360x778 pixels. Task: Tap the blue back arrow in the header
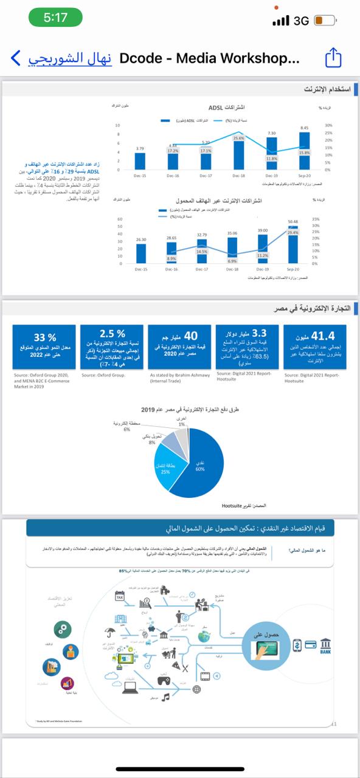tap(15, 58)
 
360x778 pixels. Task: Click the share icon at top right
tap(333, 58)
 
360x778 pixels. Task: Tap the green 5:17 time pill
tap(55, 18)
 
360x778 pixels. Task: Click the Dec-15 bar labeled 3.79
tap(140, 161)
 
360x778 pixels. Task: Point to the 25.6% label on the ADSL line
tap(238, 138)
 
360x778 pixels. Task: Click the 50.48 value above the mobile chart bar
tap(292, 221)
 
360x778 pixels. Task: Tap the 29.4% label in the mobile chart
tap(292, 232)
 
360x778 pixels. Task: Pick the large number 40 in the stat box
tap(190, 336)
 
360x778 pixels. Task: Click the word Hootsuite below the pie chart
tap(233, 505)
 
